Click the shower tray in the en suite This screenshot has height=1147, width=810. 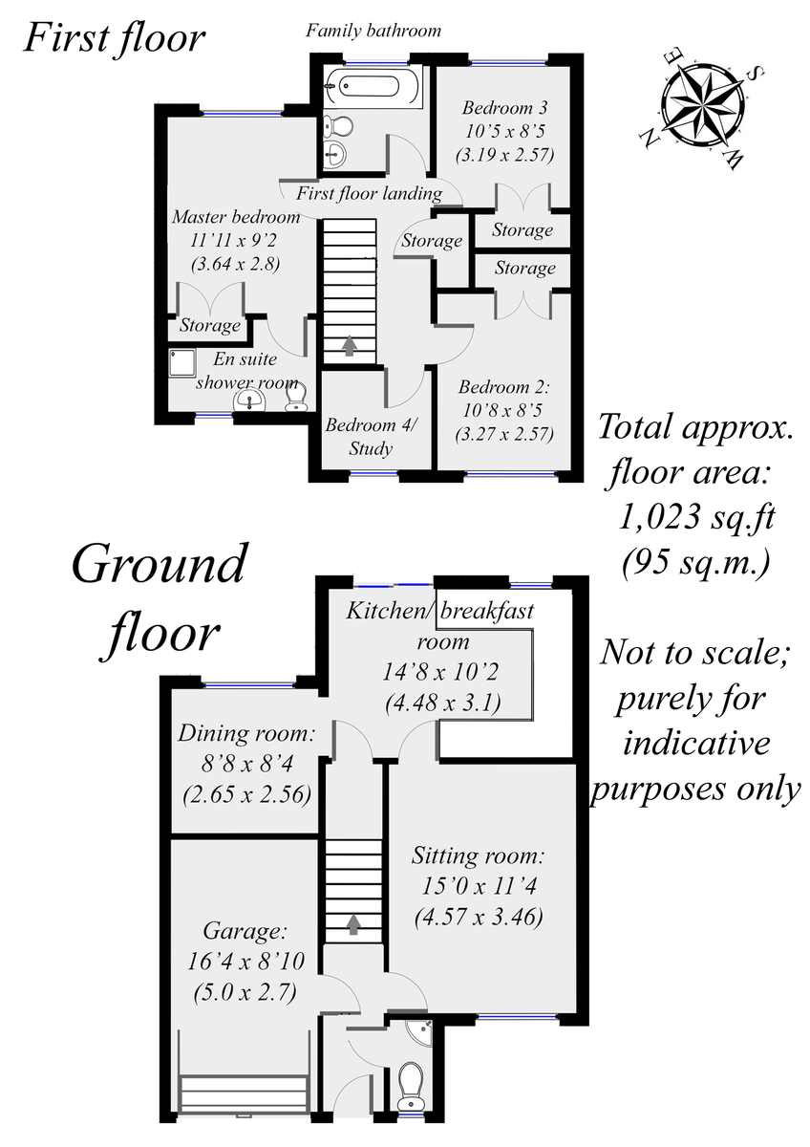click(181, 363)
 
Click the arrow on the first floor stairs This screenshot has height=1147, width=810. click(350, 344)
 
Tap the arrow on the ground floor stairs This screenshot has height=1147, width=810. click(353, 923)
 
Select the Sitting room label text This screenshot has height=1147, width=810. click(479, 855)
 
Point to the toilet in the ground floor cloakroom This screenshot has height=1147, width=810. click(412, 1081)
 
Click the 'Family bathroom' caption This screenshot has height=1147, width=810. click(373, 31)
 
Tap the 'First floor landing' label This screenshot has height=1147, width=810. click(369, 194)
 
